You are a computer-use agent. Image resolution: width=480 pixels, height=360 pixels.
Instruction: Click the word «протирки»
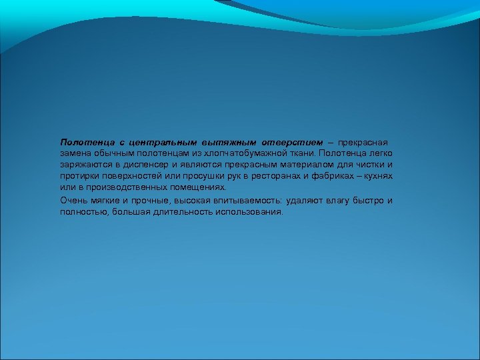click(x=79, y=176)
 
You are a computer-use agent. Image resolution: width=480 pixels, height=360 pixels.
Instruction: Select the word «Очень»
click(x=73, y=200)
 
